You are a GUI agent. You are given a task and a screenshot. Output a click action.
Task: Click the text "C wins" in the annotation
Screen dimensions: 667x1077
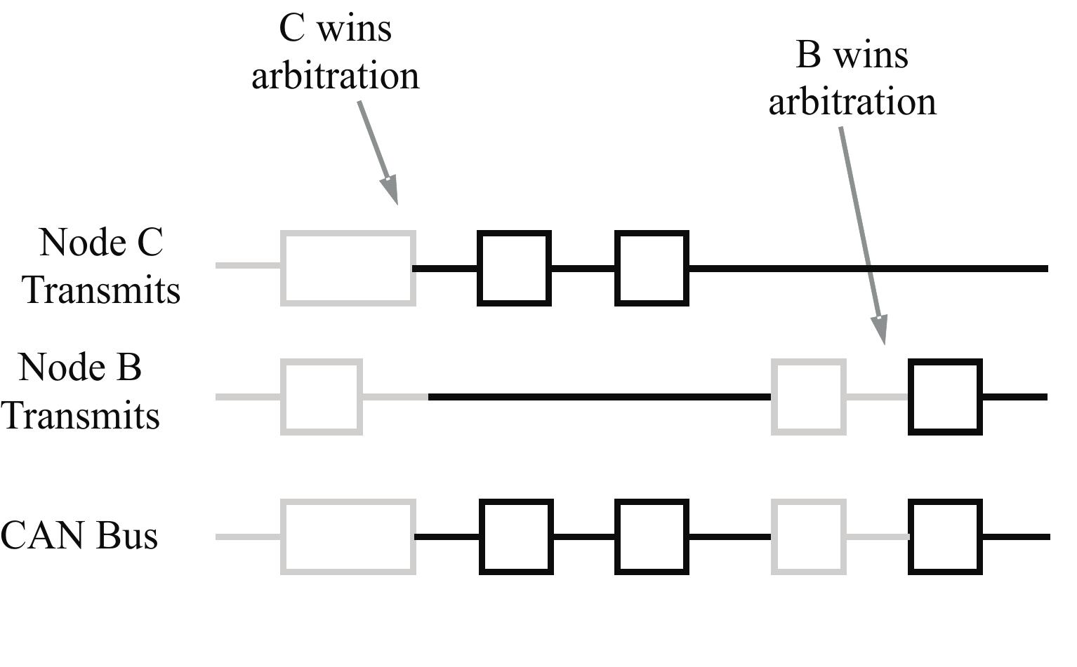335,29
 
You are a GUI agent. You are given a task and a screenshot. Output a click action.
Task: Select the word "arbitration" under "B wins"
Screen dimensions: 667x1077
852,102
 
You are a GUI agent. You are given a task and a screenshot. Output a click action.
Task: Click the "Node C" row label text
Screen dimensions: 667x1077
101,243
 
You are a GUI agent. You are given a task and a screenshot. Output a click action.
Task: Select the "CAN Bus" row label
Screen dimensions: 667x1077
79,536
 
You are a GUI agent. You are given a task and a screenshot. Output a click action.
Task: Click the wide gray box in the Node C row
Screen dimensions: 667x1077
348,268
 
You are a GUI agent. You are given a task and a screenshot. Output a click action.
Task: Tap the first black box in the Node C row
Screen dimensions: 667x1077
514,268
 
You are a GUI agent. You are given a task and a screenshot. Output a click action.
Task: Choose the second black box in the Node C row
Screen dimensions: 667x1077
652,268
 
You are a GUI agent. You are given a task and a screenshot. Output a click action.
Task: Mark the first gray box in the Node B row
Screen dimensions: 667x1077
322,397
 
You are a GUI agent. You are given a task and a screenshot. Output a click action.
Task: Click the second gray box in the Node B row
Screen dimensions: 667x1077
808,397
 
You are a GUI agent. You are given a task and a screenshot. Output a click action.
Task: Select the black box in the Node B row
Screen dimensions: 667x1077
945,397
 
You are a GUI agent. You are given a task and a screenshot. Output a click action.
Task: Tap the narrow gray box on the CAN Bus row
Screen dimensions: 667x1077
808,537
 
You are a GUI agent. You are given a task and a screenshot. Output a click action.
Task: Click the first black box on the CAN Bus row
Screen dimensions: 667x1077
516,537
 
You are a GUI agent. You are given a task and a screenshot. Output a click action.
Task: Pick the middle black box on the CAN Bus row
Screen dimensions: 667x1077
652,537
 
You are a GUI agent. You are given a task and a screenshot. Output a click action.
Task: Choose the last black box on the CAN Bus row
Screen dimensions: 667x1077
945,537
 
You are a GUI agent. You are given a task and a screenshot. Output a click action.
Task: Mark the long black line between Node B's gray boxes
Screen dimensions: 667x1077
600,397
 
